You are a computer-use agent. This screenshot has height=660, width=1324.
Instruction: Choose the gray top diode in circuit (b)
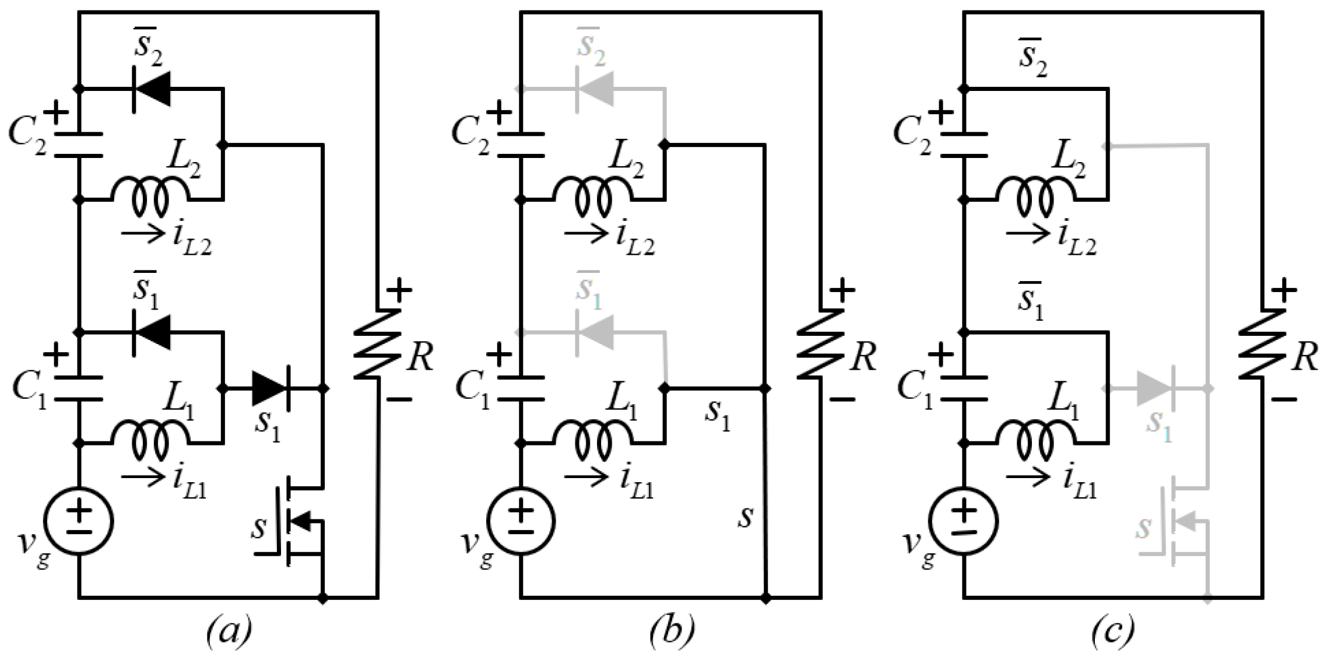(x=595, y=89)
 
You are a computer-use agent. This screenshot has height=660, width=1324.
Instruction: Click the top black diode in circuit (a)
(x=153, y=89)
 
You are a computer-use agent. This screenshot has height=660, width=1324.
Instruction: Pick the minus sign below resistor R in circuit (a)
(x=399, y=399)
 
